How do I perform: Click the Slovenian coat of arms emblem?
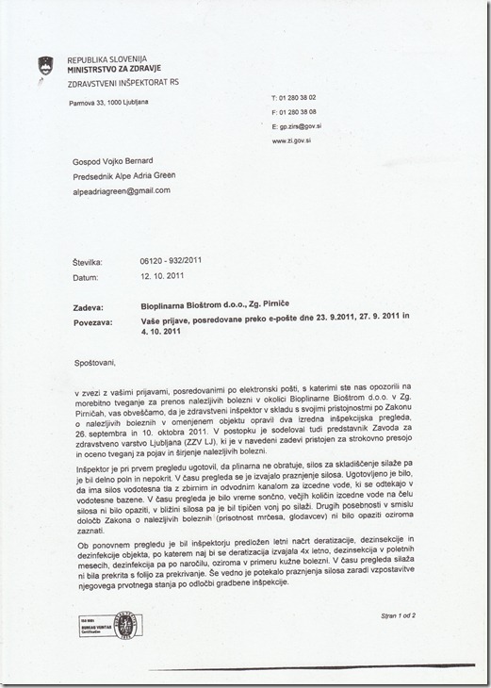[x=41, y=64]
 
